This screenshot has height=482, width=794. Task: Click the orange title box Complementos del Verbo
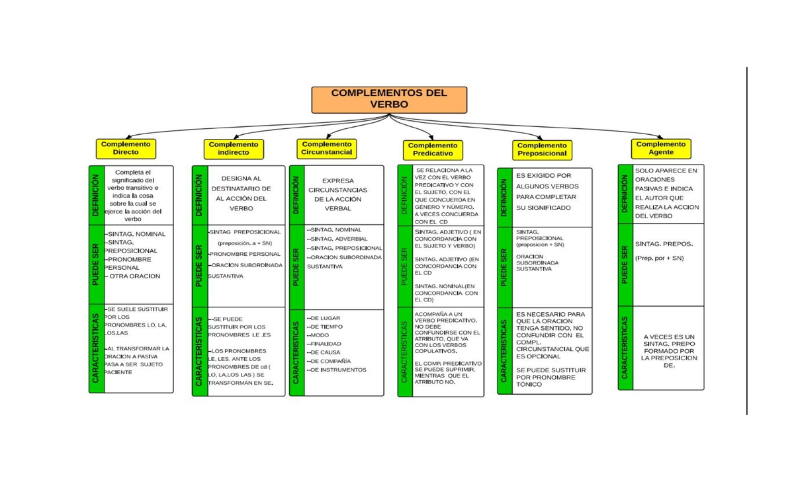point(389,99)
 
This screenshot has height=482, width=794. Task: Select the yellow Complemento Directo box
point(126,148)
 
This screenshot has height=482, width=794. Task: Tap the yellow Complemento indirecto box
point(234,149)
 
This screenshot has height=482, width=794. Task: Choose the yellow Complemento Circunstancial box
point(327,148)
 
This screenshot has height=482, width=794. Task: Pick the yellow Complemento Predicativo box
point(433,149)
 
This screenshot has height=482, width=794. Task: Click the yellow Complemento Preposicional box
point(542,149)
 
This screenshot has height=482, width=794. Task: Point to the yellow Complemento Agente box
point(661,148)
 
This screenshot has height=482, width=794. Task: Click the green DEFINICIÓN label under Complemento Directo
point(96,196)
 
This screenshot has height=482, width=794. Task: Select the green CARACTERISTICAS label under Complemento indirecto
point(199,350)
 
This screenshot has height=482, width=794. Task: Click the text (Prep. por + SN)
point(659,258)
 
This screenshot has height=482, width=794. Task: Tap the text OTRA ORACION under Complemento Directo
point(134,276)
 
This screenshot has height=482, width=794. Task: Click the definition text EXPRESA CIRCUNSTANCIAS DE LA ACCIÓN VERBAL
point(337,194)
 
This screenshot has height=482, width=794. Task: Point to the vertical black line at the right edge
point(747,241)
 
